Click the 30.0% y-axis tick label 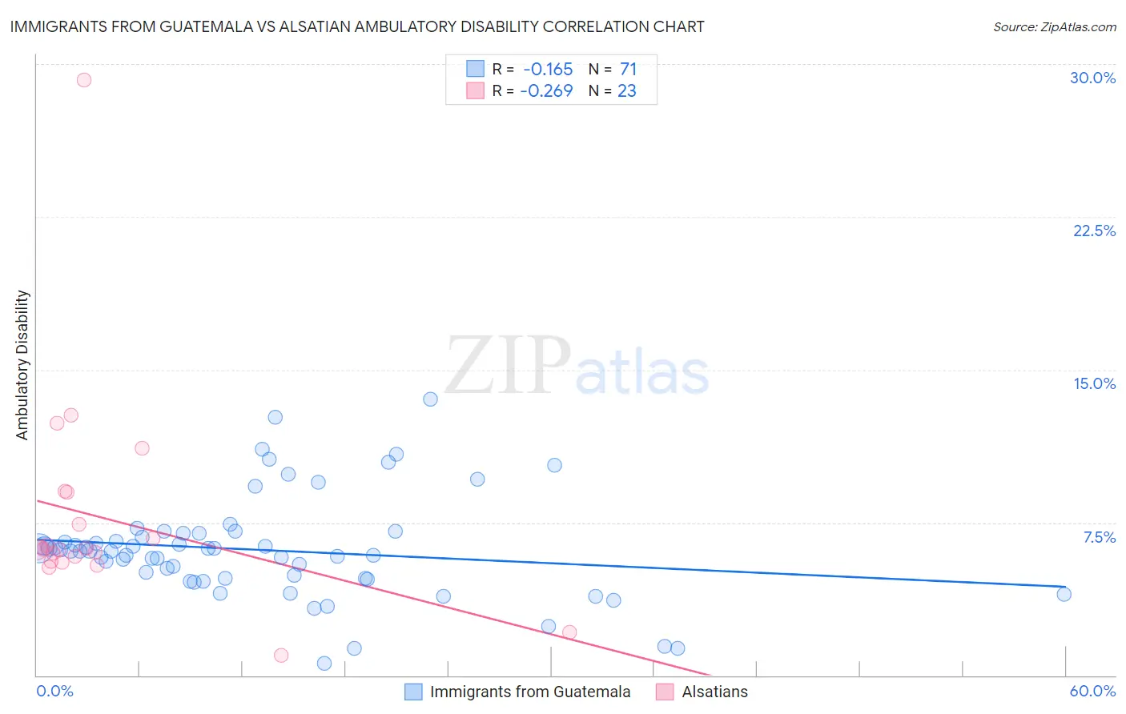click(x=1092, y=78)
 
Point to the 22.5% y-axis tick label click(x=1094, y=231)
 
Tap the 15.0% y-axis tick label click(x=1094, y=383)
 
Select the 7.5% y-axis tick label click(x=1099, y=537)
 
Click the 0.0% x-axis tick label click(x=54, y=691)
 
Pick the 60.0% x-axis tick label click(x=1092, y=691)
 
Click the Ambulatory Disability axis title click(x=22, y=365)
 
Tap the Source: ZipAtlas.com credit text click(x=1054, y=26)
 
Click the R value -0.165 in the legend click(x=548, y=70)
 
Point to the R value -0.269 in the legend click(x=546, y=91)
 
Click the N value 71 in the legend click(x=628, y=70)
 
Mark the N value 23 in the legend click(x=626, y=91)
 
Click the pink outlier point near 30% click(x=84, y=80)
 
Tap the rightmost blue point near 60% click(x=1064, y=594)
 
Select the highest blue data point click(x=430, y=399)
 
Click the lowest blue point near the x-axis click(x=324, y=663)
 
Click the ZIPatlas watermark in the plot click(x=577, y=367)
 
